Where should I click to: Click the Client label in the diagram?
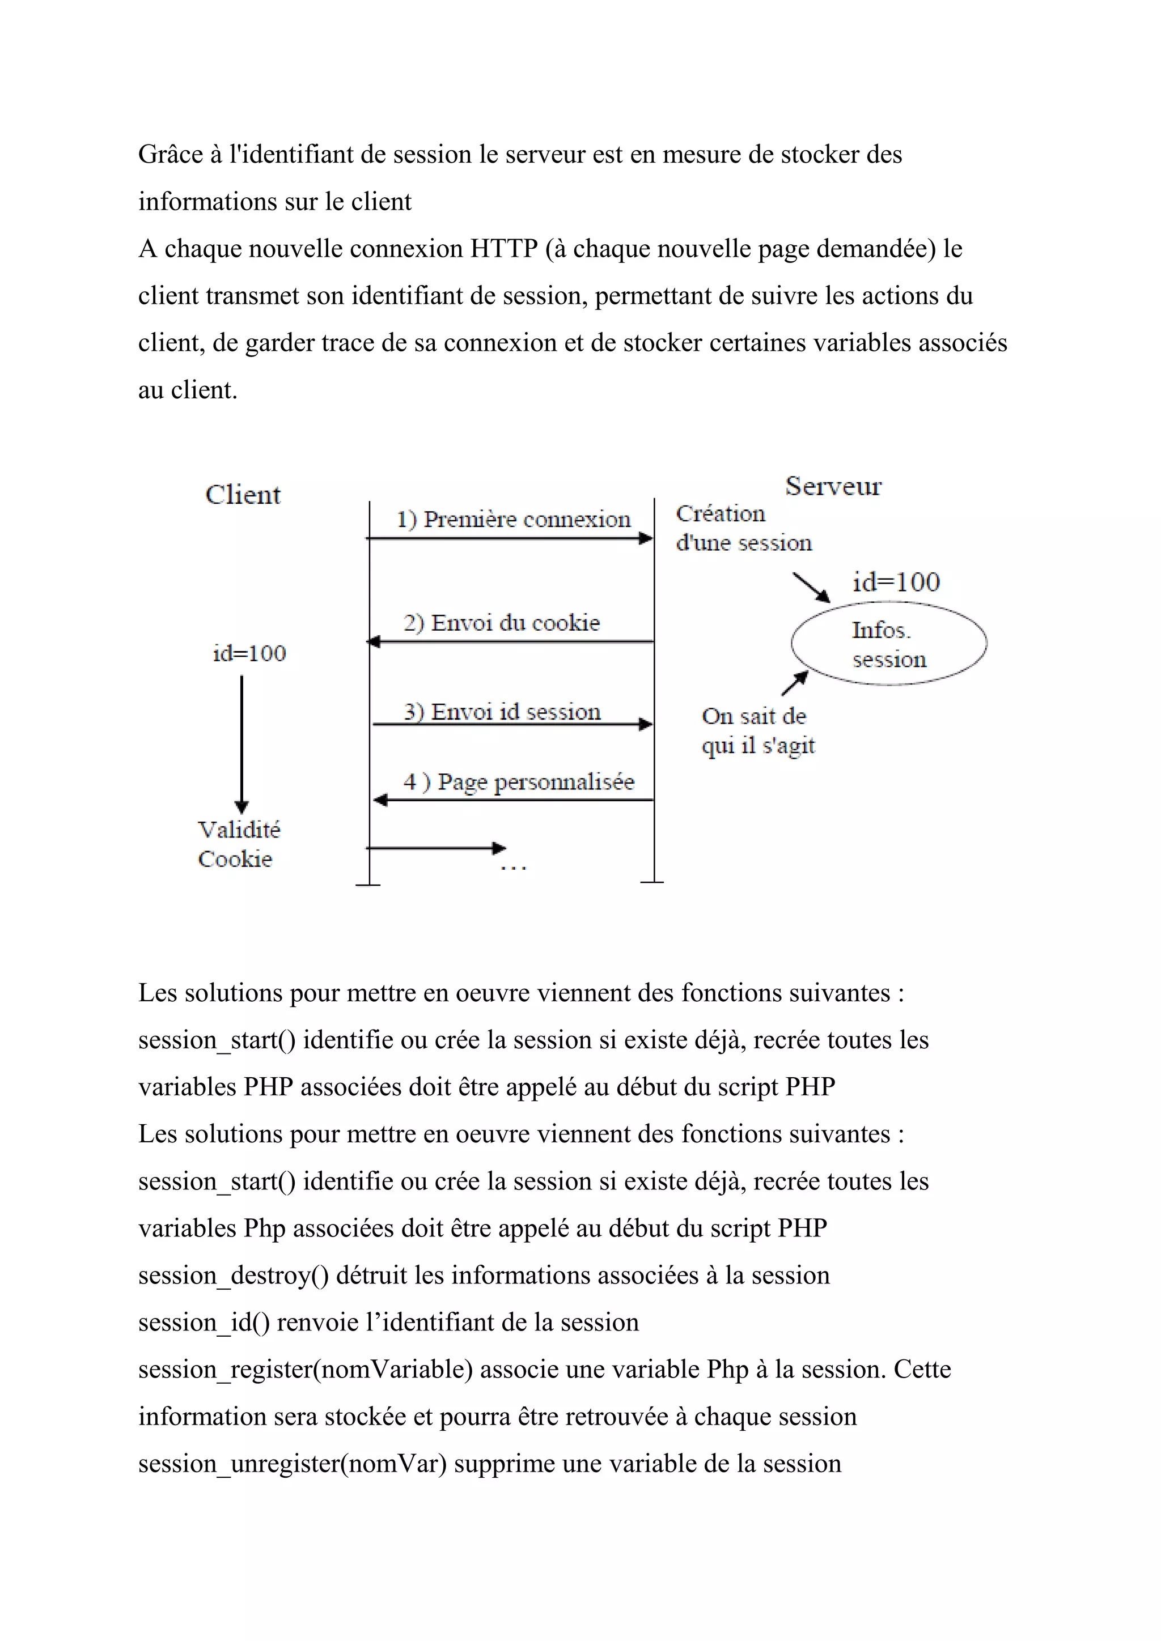pyautogui.click(x=243, y=495)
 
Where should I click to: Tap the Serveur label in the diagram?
pyautogui.click(x=833, y=486)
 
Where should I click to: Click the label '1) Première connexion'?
pyautogui.click(x=513, y=519)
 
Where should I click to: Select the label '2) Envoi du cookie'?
pyautogui.click(x=501, y=623)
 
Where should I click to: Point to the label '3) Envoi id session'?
pyautogui.click(x=502, y=711)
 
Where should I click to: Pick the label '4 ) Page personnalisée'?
pyautogui.click(x=518, y=781)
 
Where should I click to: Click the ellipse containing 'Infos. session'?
pyautogui.click(x=889, y=644)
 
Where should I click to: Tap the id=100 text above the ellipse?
pyautogui.click(x=896, y=582)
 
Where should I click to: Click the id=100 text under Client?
pyautogui.click(x=249, y=653)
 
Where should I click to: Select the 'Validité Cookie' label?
pyautogui.click(x=238, y=844)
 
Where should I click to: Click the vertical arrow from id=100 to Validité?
pyautogui.click(x=241, y=743)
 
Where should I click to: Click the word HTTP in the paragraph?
pyautogui.click(x=503, y=249)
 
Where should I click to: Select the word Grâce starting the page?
pyautogui.click(x=170, y=154)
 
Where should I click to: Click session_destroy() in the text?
pyautogui.click(x=233, y=1275)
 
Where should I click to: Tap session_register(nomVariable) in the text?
pyautogui.click(x=305, y=1370)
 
